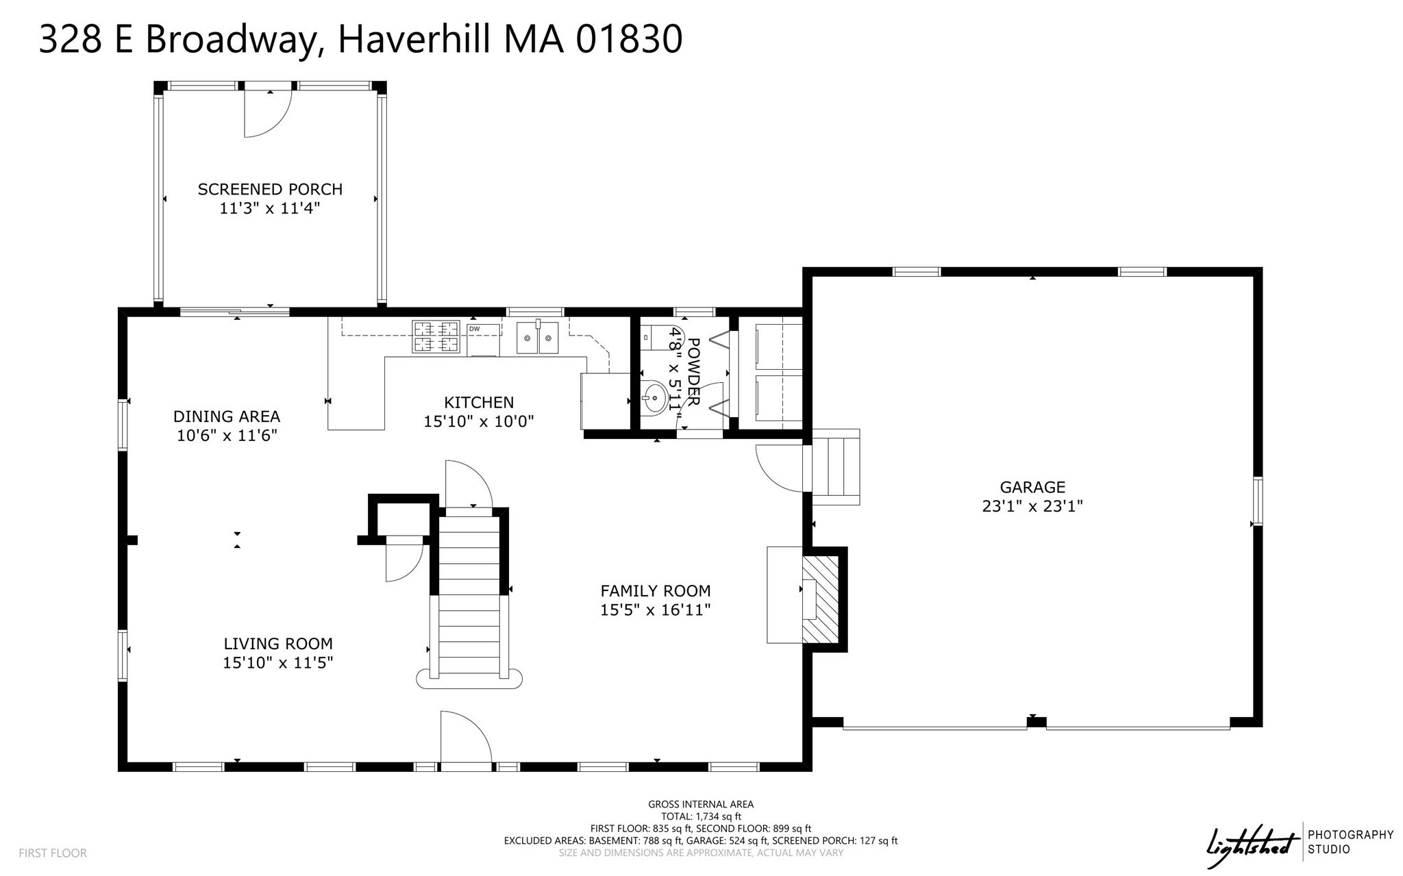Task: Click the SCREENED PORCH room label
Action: (x=270, y=189)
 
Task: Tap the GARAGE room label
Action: (x=1032, y=487)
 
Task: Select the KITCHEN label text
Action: (x=479, y=402)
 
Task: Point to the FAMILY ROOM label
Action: (x=656, y=590)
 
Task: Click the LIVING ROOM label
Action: (x=278, y=644)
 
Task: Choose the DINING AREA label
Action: (x=227, y=416)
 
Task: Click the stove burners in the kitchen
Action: (x=436, y=337)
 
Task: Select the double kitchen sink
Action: (x=538, y=338)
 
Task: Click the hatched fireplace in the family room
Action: (x=821, y=599)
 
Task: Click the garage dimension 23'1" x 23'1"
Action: (x=1032, y=507)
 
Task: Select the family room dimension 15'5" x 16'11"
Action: (x=656, y=610)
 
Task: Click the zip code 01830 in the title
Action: (x=629, y=39)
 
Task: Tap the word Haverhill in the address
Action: (x=414, y=39)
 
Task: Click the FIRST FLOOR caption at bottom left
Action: (x=53, y=853)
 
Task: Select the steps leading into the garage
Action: (x=836, y=467)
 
